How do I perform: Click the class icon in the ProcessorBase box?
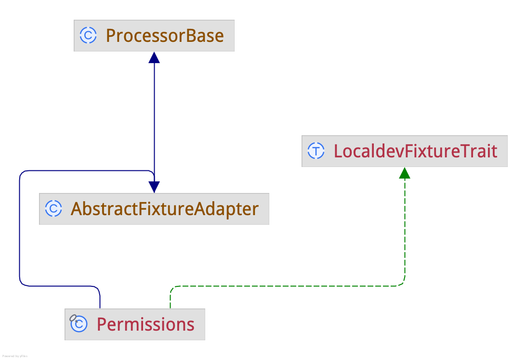point(88,36)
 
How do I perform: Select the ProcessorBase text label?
point(164,36)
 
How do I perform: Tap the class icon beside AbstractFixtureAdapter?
point(53,209)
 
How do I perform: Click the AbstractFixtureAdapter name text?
point(164,209)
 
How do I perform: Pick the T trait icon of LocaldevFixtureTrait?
point(316,151)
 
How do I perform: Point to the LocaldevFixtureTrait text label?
point(415,151)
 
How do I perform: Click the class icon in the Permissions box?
point(79,324)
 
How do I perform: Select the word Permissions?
point(145,324)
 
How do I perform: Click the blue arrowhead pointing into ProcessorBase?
point(154,57)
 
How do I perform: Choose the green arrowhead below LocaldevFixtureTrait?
point(405,173)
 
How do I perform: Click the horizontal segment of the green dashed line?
point(289,286)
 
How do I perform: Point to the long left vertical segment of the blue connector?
point(19,226)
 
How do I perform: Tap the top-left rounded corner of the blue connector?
point(22,173)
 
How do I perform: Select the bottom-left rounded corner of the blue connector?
point(22,283)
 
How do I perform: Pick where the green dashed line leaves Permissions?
point(170,306)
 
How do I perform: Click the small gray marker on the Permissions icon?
point(73,318)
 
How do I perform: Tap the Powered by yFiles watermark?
point(15,356)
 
